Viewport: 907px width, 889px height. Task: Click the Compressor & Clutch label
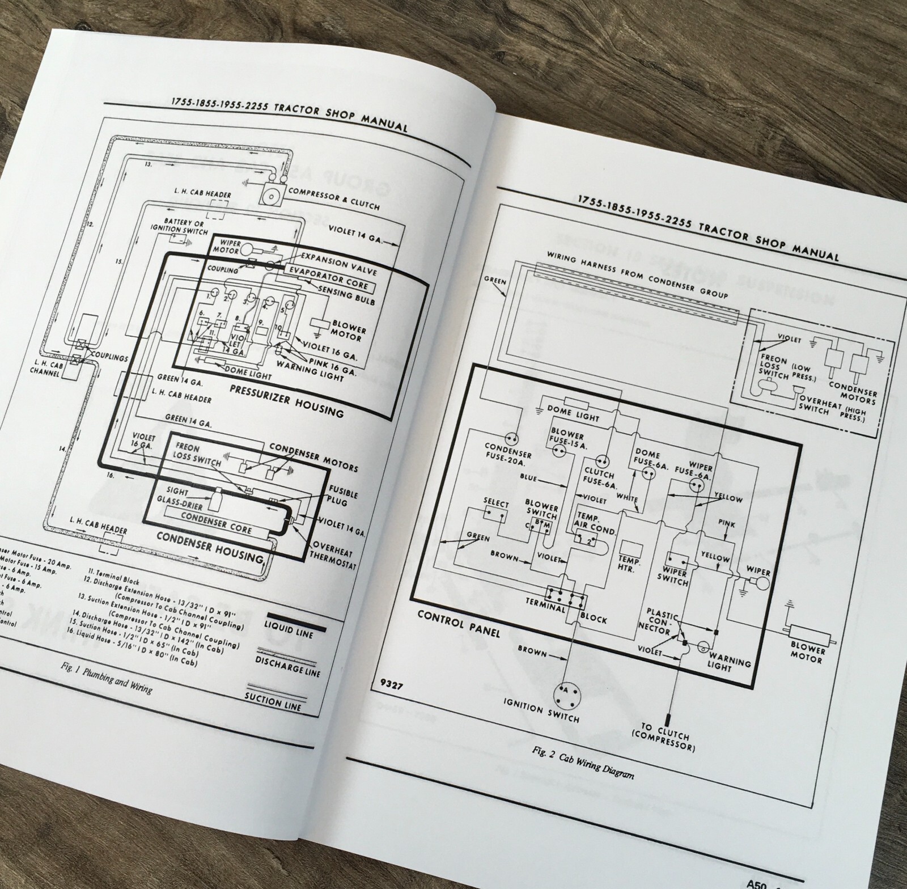pyautogui.click(x=334, y=198)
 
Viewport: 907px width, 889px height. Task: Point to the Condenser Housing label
pyautogui.click(x=210, y=547)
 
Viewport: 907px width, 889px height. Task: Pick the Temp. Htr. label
pyautogui.click(x=629, y=564)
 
